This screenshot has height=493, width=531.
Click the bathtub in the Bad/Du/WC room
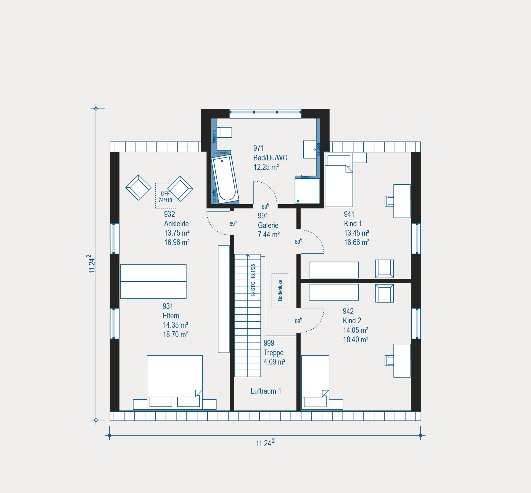coord(225,179)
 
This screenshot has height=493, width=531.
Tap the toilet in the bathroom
coord(225,133)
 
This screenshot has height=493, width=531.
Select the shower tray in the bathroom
coord(307,191)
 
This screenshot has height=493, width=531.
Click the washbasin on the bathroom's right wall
coord(310,149)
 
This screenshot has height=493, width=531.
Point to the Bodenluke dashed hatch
coord(280,290)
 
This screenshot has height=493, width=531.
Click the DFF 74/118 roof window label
coord(165,197)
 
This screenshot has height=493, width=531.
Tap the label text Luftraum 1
coord(266,391)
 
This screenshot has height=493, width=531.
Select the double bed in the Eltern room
coord(175,382)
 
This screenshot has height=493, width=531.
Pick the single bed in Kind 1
coord(339,180)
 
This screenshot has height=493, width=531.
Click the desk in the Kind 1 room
coord(402,201)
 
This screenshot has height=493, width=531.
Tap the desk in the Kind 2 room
coord(402,361)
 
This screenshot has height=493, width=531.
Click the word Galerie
coord(268,225)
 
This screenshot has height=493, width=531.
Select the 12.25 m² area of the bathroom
coord(266,167)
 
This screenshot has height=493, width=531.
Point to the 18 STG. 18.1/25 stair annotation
coord(253,280)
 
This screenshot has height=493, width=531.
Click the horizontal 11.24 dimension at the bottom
coord(265,435)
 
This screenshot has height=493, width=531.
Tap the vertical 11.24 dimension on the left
coord(96,264)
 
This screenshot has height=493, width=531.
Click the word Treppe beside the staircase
coord(274,353)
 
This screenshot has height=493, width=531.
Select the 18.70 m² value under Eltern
coord(176,334)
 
